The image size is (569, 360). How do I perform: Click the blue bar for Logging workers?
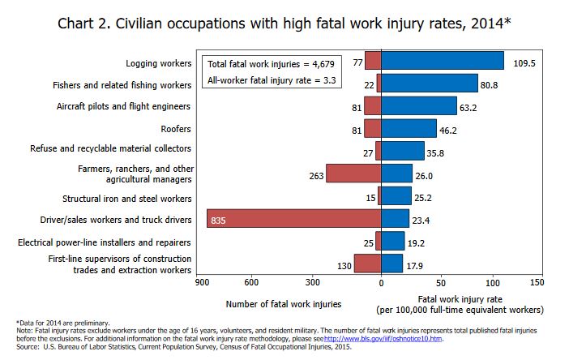[442, 62]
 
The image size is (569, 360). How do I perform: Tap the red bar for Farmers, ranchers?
[353, 174]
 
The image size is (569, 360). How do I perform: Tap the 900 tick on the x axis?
[199, 282]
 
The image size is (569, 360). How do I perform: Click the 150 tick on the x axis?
[536, 282]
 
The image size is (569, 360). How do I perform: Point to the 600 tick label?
[250, 282]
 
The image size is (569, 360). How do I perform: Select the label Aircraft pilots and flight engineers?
[124, 106]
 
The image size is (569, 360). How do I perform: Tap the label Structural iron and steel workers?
[127, 198]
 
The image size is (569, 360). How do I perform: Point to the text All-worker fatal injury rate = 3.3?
[271, 80]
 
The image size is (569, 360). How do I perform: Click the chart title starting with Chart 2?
[284, 23]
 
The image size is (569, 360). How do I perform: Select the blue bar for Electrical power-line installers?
[392, 241]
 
